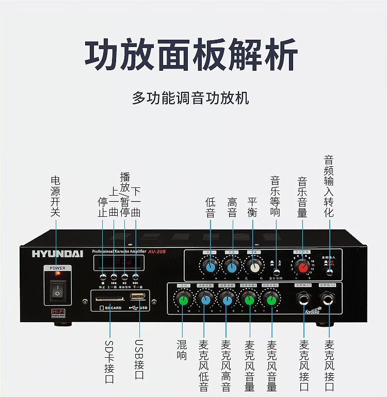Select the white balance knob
253,266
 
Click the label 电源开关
56,196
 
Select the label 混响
181,350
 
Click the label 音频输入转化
329,186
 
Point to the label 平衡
252,207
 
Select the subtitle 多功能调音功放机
190,98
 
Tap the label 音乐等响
275,197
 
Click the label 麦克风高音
227,364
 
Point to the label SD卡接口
109,361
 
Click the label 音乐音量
302,197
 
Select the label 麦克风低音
204,364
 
